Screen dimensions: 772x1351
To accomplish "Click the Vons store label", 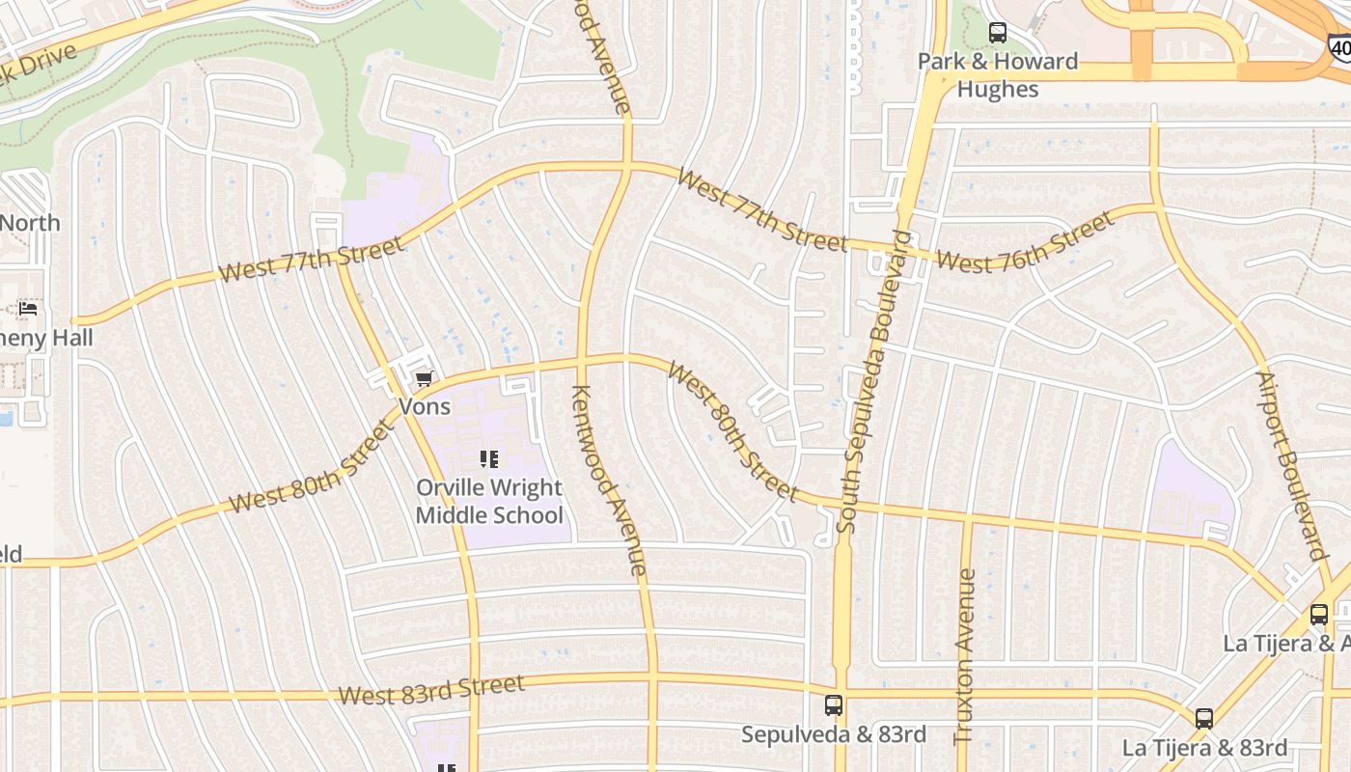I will click(x=425, y=407).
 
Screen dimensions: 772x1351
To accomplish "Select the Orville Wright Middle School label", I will click(x=489, y=501).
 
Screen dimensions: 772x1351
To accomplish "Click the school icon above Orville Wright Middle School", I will click(x=489, y=459).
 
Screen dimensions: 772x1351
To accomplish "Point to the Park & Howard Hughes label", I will click(x=998, y=75).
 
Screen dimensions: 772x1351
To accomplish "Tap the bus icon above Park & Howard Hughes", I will click(x=998, y=34).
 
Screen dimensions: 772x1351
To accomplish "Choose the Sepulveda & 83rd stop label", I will click(x=834, y=734).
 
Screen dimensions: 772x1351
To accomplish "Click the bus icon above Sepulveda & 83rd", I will click(x=834, y=705).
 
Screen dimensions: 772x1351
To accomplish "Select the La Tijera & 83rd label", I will click(x=1204, y=748).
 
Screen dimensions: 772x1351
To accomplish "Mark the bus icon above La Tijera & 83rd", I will click(x=1204, y=719).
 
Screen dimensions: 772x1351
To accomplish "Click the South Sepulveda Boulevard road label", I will click(x=875, y=381).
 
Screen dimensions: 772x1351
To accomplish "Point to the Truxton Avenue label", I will click(x=965, y=656).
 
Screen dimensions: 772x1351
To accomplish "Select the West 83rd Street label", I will click(x=431, y=690).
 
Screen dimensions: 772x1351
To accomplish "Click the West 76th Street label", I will click(x=1025, y=244).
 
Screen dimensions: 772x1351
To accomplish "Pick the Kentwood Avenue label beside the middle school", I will click(x=610, y=480).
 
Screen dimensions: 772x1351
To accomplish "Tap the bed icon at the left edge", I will click(x=29, y=309).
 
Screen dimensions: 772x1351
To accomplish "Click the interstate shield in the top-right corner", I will click(x=1339, y=46).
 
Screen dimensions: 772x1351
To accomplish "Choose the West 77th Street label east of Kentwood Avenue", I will click(x=761, y=209).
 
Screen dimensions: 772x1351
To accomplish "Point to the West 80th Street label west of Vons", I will click(x=312, y=470).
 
